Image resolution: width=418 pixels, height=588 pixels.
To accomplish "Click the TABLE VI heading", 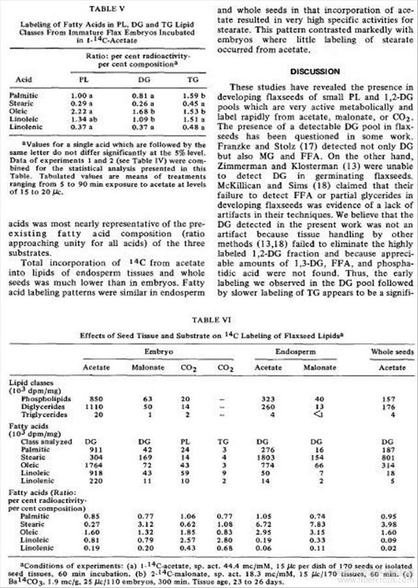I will pos(209,321).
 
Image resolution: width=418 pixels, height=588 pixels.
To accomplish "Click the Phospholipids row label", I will pos(44,397).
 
